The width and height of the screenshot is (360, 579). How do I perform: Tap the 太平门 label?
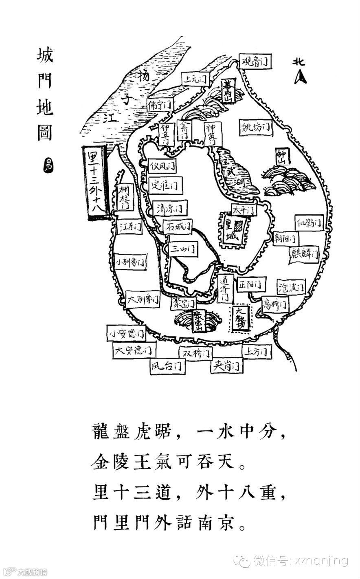pos(244,210)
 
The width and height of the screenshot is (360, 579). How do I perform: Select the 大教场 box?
pos(241,318)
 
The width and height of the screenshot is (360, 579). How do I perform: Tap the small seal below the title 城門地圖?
pos(48,166)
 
